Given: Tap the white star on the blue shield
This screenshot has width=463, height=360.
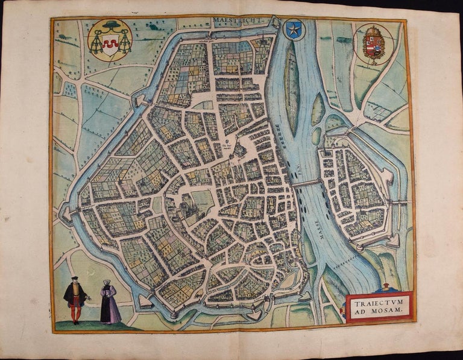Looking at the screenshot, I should [295, 29].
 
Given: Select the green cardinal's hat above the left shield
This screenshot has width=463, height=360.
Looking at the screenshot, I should [110, 27].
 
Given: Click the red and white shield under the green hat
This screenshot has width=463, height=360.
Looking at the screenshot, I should [110, 45].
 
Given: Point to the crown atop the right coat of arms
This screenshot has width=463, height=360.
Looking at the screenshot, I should [373, 30].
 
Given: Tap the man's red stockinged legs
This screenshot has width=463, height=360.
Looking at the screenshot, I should [75, 312].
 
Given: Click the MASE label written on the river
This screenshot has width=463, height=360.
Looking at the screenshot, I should [316, 227].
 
